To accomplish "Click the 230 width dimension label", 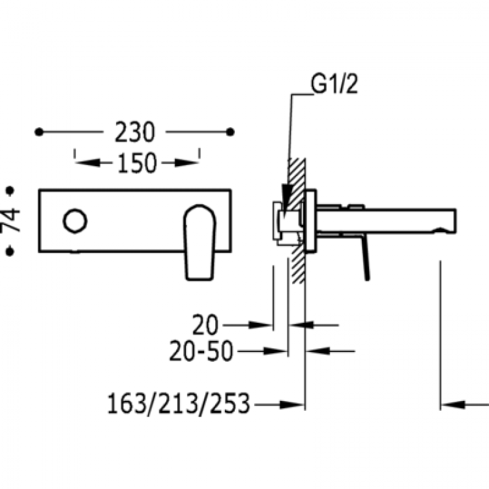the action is click(x=135, y=132).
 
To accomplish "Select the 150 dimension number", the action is click(x=137, y=163).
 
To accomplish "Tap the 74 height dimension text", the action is click(x=10, y=220).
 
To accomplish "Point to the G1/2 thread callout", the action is click(x=334, y=84).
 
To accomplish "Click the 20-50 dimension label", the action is click(x=201, y=351).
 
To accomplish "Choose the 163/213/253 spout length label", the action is click(x=179, y=403).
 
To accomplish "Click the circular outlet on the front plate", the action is click(x=75, y=221).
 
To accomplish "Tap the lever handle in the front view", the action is click(x=200, y=243).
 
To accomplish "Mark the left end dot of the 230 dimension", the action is click(x=39, y=132).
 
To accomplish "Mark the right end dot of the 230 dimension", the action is click(x=230, y=132).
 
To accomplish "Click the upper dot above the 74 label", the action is click(x=10, y=190).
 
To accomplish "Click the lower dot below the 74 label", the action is click(x=10, y=251).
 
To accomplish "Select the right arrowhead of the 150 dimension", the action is click(x=186, y=163).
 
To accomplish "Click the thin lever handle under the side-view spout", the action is click(x=366, y=258).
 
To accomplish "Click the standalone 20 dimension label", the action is click(x=205, y=325).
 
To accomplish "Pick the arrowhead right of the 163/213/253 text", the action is click(x=292, y=405).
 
